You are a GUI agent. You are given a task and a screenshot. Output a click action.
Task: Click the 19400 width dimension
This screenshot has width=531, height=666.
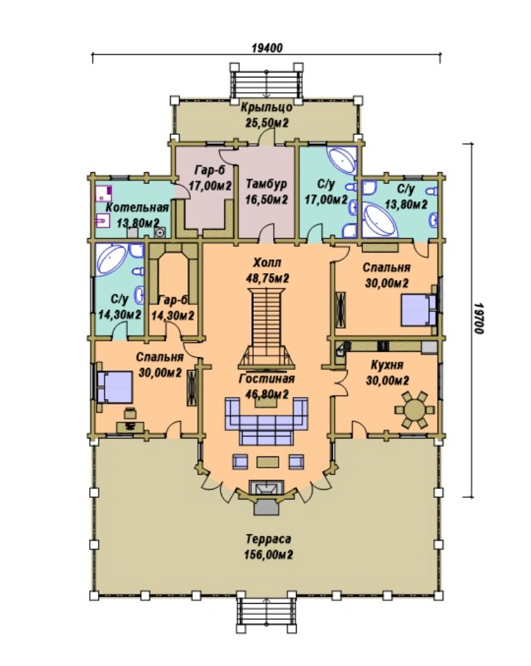(267, 48)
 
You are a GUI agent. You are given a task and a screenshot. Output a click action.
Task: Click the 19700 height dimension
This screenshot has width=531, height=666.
(479, 318)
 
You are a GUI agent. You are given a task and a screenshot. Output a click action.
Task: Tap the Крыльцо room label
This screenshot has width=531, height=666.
(266, 107)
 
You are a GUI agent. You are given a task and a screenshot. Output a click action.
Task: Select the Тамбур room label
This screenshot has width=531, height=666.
(266, 185)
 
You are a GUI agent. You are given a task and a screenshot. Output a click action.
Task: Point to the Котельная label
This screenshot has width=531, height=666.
(137, 207)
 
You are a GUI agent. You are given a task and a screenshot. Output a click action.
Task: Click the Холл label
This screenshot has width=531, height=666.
(267, 262)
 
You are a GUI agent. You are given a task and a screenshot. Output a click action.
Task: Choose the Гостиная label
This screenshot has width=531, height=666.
(267, 378)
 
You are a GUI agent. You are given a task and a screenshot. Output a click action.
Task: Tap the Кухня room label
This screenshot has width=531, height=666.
(387, 365)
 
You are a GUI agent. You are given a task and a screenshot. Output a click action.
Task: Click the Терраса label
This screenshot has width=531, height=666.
(268, 539)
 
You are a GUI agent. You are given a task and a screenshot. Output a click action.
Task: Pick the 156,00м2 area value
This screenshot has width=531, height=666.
(268, 555)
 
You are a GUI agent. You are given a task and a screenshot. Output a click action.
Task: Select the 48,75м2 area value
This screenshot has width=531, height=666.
(268, 278)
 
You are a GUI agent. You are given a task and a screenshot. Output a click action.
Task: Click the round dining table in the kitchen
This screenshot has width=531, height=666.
(414, 410)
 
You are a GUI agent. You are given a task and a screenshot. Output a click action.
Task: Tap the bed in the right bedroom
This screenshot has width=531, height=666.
(419, 310)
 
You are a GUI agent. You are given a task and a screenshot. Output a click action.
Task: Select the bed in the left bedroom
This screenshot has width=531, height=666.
(114, 387)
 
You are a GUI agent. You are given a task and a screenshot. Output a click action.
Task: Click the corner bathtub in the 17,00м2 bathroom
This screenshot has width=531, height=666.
(342, 160)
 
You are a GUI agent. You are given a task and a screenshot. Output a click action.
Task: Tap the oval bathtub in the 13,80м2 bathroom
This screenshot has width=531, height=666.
(380, 221)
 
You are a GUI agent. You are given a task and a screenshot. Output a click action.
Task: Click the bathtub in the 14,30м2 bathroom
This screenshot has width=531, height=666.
(111, 259)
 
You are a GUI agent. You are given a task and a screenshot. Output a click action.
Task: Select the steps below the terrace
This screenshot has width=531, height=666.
(266, 613)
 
